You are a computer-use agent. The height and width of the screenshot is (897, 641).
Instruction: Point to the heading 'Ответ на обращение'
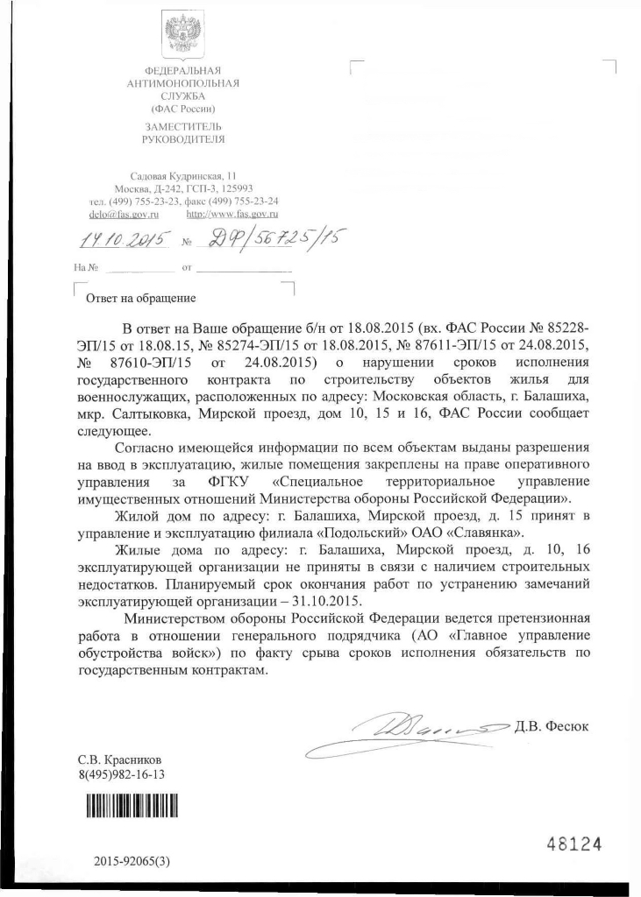point(139,298)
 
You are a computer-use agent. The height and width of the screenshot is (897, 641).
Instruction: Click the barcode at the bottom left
point(131,805)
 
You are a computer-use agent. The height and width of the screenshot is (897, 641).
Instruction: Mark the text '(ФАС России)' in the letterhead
point(183,109)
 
